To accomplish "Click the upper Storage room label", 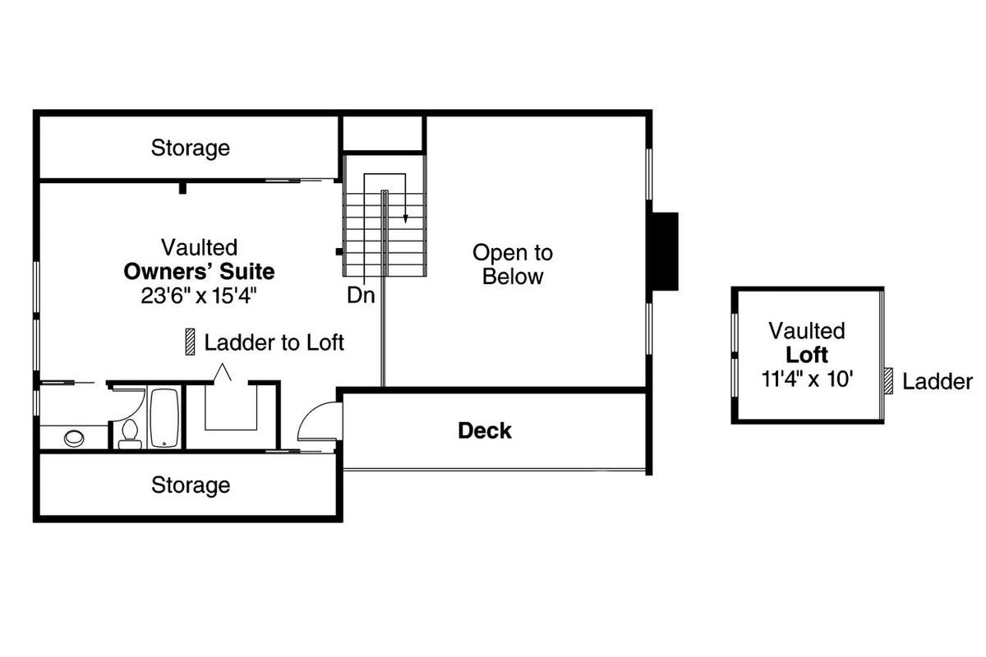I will pos(190,149).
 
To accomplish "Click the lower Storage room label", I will pos(190,485).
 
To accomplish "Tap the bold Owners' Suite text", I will pos(199,271).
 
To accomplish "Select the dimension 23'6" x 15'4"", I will pos(199,296).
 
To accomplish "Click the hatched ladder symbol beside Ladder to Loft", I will pos(190,342).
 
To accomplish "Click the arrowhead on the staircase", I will pos(406,218).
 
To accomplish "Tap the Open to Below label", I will pos(513,264).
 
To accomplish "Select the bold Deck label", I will pos(485,430).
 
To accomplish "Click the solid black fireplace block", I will pos(664,250).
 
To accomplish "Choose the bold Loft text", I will pos(806,356).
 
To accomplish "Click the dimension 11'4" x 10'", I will pos(806,379).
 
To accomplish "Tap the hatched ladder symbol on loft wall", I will pos(887,381).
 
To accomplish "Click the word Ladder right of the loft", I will pos(937,382).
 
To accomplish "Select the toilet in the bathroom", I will pos(130,434).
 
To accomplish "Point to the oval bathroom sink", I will pos(74,437).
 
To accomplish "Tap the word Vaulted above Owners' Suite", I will pos(199,247).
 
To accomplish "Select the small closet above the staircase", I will pos(383,134).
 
